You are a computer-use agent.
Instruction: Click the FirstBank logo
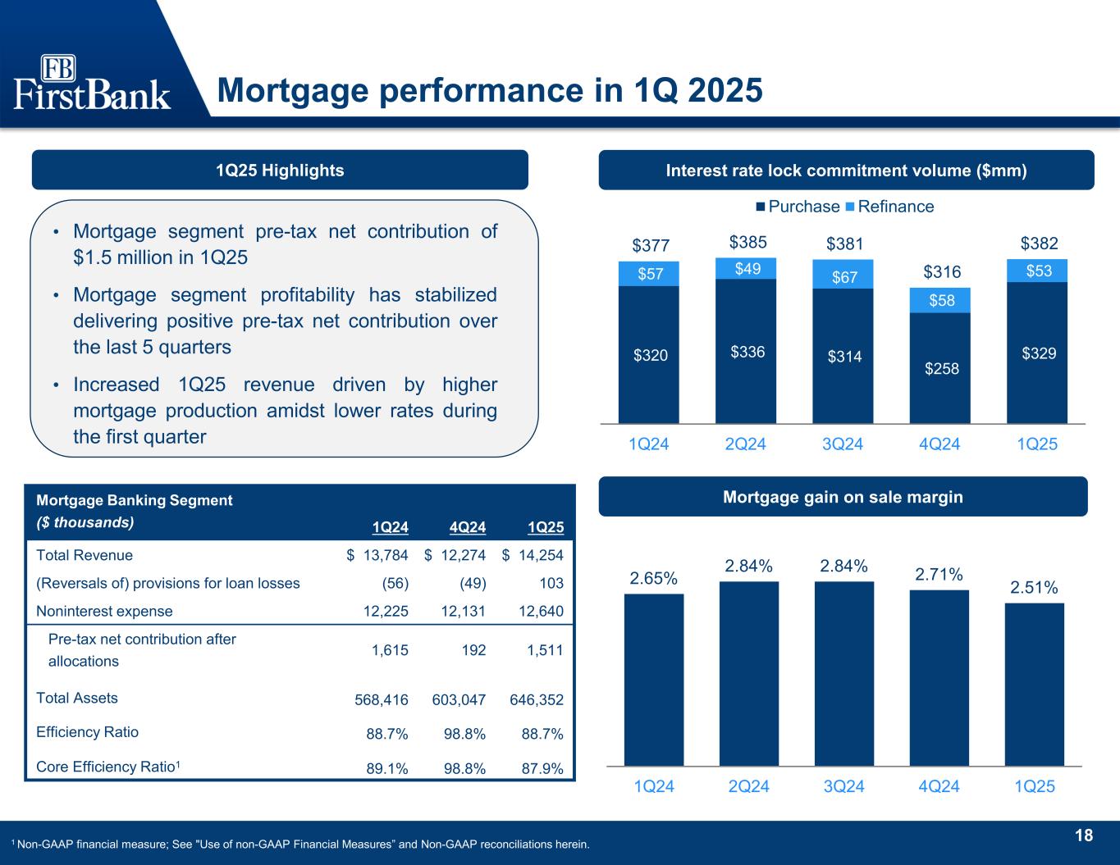coord(92,82)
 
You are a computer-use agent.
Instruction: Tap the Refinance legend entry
coord(895,207)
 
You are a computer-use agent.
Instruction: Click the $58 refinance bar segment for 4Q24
coord(940,300)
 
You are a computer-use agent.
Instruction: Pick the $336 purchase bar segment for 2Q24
coord(746,351)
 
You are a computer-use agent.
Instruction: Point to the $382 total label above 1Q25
coord(1039,244)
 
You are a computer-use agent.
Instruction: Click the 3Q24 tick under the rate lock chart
coord(843,444)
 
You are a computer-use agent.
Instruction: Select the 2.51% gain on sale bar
coord(1034,684)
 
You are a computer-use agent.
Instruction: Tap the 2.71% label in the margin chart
coord(939,575)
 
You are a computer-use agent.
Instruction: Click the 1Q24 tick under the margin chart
coord(654,786)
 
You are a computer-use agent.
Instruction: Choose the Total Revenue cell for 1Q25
coord(533,555)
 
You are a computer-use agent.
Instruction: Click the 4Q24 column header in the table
coord(469,527)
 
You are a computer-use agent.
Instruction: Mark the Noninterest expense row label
coord(105,611)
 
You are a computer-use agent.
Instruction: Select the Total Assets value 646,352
coord(537,700)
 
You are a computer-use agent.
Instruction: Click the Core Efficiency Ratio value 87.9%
coord(542,768)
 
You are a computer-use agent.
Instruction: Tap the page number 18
coord(1084,835)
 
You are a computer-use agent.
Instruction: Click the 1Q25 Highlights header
coord(280,171)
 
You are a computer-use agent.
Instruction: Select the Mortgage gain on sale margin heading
coord(843,497)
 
